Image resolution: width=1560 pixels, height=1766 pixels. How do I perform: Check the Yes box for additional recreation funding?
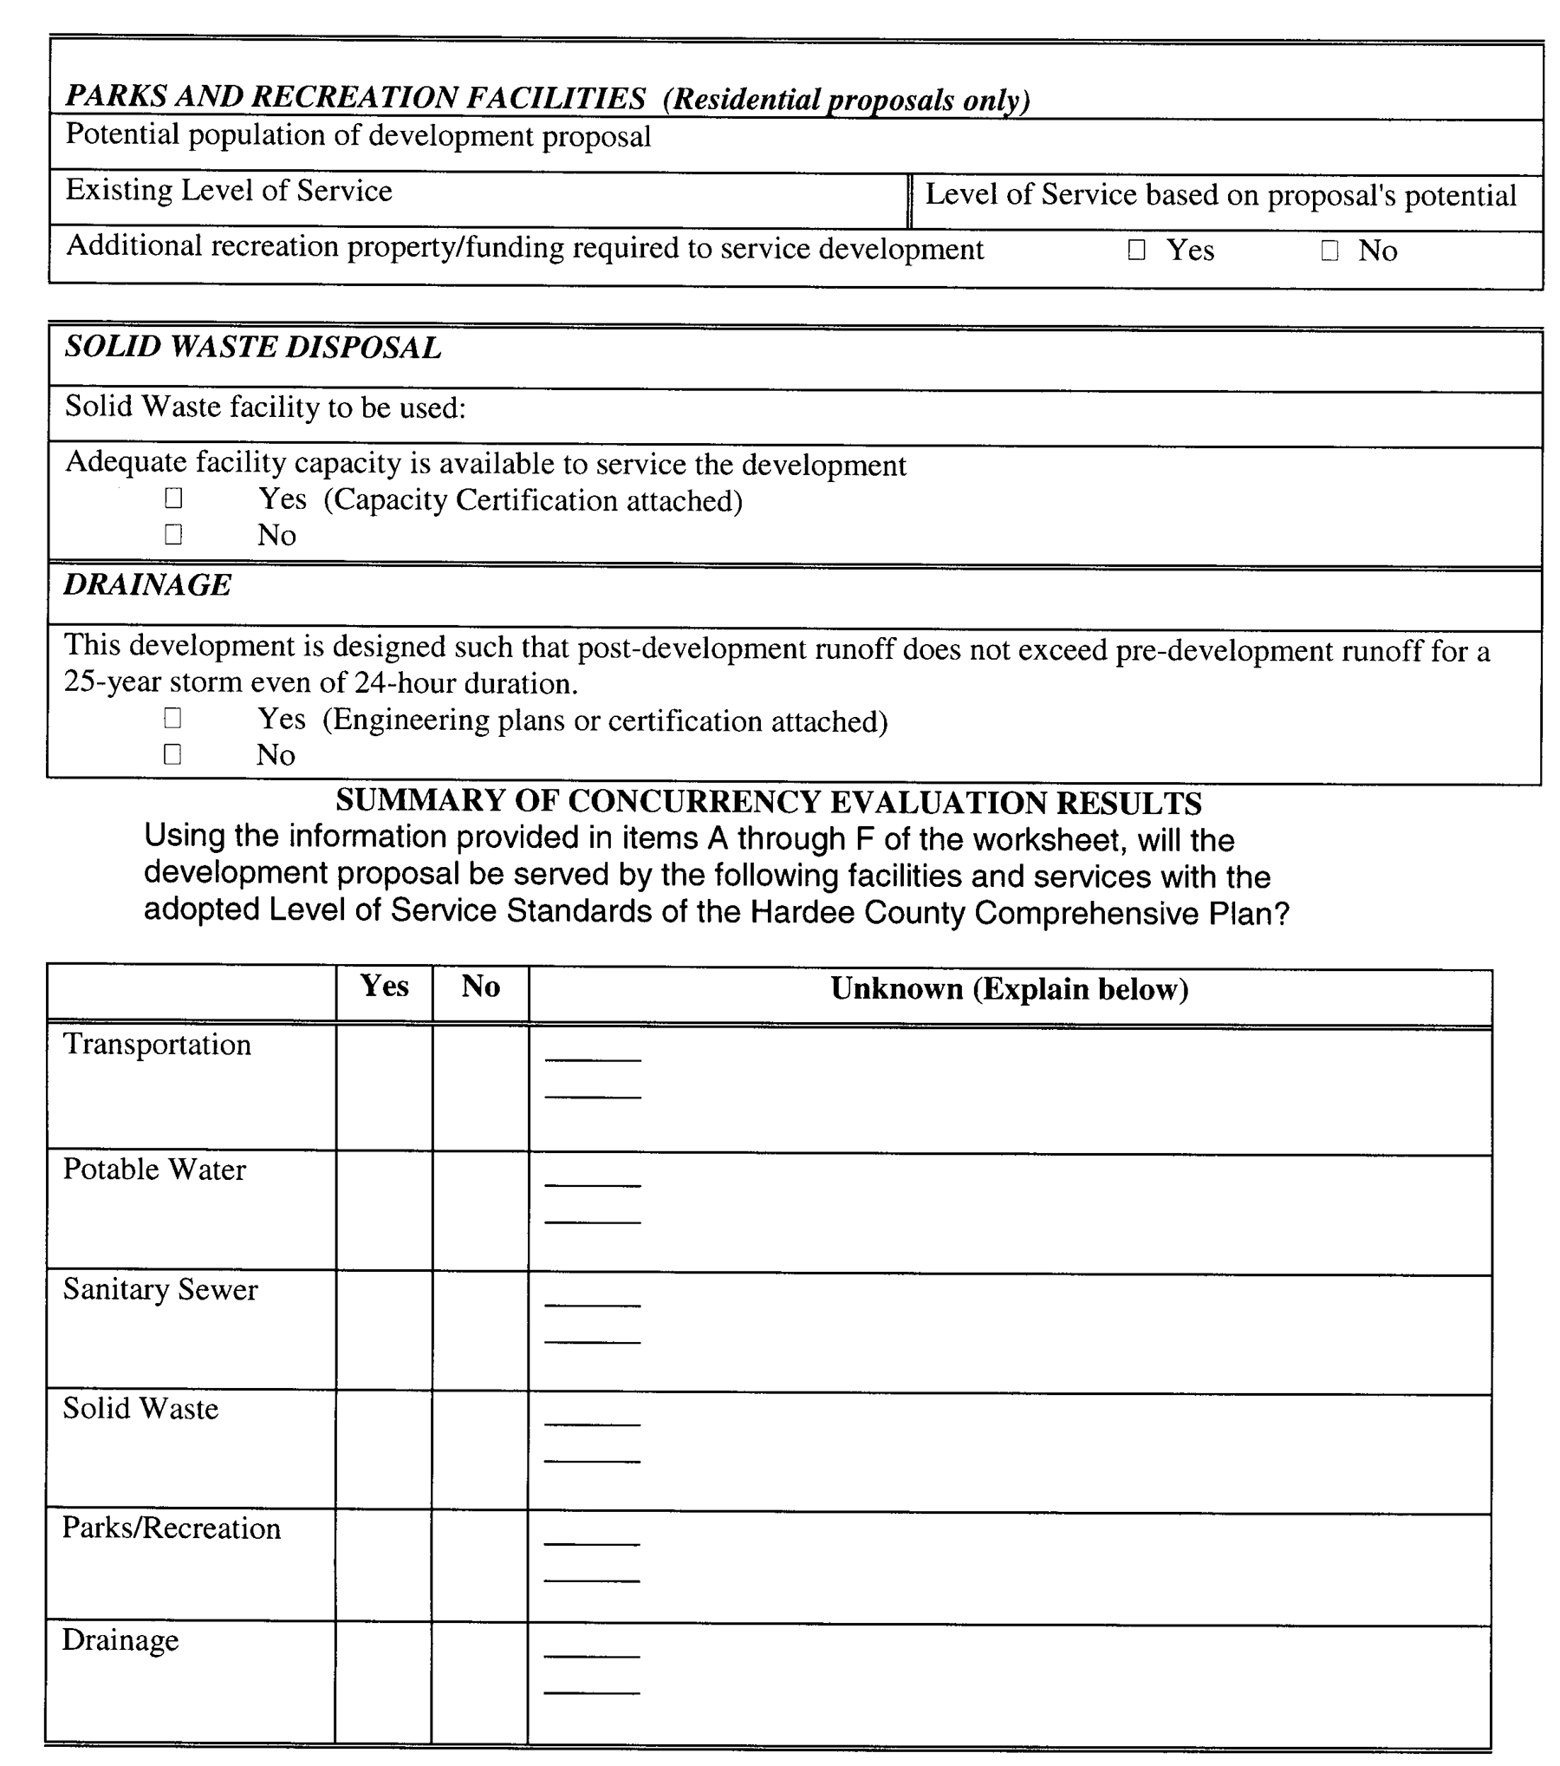1136,250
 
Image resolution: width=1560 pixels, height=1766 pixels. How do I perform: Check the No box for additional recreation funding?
1329,251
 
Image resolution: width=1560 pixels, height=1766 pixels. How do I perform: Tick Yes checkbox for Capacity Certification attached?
173,498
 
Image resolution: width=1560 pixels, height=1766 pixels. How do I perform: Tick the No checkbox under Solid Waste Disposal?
173,533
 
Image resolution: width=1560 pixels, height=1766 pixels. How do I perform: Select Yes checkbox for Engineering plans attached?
172,718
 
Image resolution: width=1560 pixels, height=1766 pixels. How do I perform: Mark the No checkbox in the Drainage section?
172,753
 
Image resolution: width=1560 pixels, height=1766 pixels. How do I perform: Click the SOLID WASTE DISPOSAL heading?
253,347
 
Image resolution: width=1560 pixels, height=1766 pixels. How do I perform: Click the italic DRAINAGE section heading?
147,584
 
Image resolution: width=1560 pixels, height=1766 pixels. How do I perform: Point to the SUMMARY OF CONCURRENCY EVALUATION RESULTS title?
768,802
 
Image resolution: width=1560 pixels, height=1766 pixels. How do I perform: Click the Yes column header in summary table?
384,986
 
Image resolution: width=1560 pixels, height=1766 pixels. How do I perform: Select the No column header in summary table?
480,987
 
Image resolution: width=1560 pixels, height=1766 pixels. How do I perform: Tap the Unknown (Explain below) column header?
1009,989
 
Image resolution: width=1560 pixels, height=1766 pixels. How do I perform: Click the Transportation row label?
157,1045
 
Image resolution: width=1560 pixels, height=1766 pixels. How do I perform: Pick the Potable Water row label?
154,1170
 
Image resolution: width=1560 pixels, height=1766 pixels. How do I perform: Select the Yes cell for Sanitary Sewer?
384,1331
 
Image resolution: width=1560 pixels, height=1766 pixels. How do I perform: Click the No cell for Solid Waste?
480,1450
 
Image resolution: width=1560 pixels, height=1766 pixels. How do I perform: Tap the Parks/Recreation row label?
172,1528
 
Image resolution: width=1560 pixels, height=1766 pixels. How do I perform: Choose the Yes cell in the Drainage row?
383,1682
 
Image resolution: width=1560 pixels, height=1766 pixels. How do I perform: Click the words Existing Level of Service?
229,191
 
